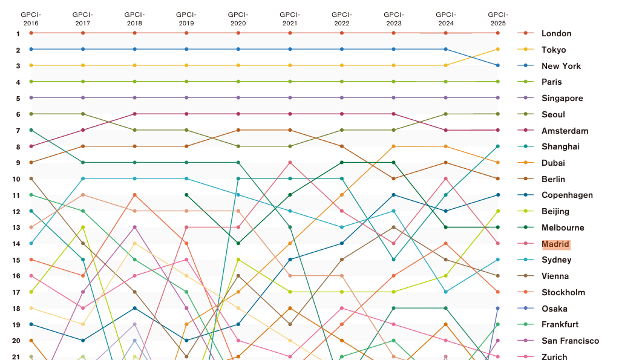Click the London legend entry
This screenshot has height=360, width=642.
click(x=556, y=33)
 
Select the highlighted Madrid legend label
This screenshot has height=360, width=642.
click(x=555, y=244)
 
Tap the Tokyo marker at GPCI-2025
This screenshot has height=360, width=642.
click(x=498, y=49)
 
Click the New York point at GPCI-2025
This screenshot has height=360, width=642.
click(x=498, y=65)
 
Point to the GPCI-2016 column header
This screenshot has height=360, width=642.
click(x=31, y=18)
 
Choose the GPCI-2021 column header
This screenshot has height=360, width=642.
click(x=290, y=18)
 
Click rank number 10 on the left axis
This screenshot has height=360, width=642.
click(x=18, y=179)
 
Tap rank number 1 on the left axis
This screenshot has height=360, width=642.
click(x=18, y=33)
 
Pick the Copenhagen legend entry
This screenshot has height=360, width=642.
click(x=567, y=195)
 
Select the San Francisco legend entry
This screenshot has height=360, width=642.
click(x=570, y=341)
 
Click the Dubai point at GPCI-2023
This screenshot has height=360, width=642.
click(x=394, y=146)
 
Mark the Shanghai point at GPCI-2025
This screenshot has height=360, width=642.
click(x=498, y=146)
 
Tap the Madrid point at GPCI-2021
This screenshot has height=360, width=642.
click(x=290, y=163)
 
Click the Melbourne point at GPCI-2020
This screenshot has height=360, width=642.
click(x=238, y=243)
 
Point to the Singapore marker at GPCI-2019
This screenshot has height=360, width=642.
click(x=186, y=97)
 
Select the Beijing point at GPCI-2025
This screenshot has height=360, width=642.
click(x=498, y=211)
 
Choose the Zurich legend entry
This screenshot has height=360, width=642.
click(x=554, y=357)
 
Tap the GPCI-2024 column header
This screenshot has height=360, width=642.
click(x=446, y=18)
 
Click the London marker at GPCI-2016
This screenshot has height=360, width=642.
click(x=31, y=33)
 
